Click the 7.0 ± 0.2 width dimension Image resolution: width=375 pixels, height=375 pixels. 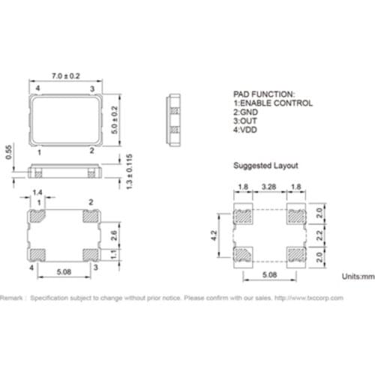pyautogui.click(x=65, y=76)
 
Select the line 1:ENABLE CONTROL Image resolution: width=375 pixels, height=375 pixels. pyautogui.click(x=273, y=103)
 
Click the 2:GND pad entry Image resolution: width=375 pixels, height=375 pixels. pyautogui.click(x=247, y=112)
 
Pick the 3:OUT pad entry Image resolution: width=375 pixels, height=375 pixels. pyautogui.click(x=246, y=121)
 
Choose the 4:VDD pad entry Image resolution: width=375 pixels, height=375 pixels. pyautogui.click(x=247, y=130)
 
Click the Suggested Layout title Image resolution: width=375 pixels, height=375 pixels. pyautogui.click(x=265, y=165)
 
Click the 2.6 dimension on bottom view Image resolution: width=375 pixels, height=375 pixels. pyautogui.click(x=114, y=235)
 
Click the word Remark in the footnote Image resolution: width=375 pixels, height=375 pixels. pyautogui.click(x=13, y=298)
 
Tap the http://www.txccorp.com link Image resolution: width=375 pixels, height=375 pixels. pyautogui.click(x=309, y=298)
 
